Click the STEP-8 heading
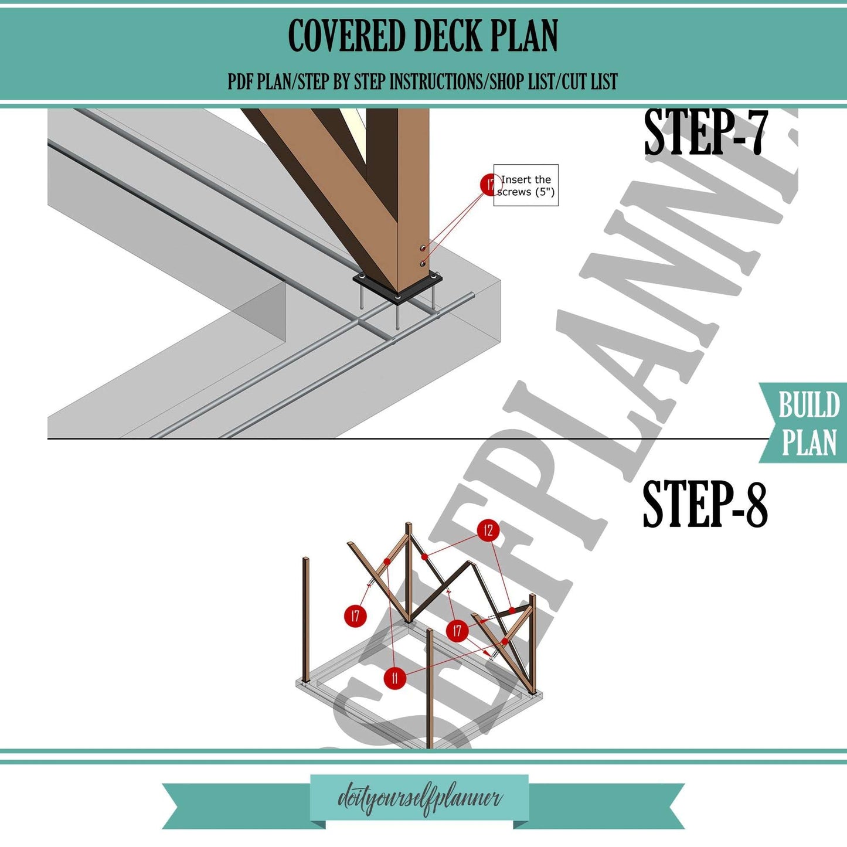705,504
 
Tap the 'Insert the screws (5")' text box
526,186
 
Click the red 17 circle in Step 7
488,185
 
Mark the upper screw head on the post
423,249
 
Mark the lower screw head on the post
423,264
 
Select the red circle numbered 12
488,531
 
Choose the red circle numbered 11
394,678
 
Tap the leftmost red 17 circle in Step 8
355,616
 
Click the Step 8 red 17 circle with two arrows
457,631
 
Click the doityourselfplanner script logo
419,799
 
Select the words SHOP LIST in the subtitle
522,81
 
